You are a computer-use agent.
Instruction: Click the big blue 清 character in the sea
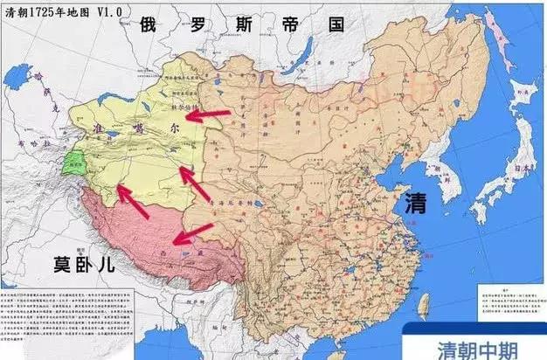point(415,205)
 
